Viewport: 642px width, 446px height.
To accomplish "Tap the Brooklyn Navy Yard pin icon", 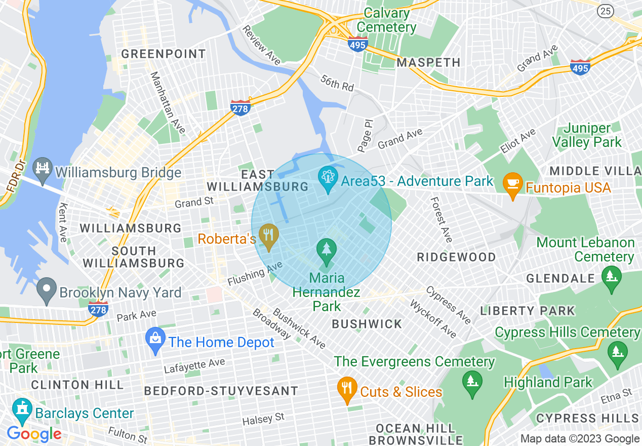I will [47, 290].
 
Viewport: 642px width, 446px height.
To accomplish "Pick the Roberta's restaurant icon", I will [269, 236].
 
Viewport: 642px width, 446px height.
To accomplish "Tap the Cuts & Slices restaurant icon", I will [347, 390].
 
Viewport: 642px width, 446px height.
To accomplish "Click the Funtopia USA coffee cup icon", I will [512, 185].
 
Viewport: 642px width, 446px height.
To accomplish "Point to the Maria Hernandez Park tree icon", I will [327, 252].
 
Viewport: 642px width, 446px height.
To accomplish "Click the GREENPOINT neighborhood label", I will [164, 54].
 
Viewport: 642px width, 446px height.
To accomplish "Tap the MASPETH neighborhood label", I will [428, 62].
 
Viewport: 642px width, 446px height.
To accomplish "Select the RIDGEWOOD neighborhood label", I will [456, 257].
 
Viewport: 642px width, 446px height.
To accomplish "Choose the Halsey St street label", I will [263, 419].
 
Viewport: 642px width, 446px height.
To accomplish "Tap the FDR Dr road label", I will [15, 175].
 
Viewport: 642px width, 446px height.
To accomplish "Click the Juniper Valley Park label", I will [587, 135].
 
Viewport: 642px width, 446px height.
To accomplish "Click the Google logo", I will [34, 434].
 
